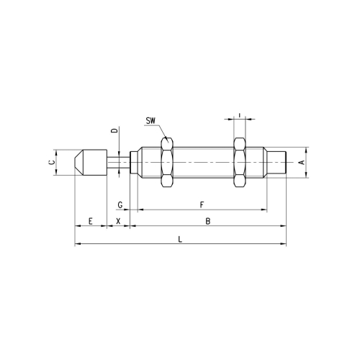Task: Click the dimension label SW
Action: [x=150, y=121]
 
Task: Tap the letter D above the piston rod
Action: [x=115, y=130]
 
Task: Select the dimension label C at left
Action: [x=52, y=162]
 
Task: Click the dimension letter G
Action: [x=120, y=205]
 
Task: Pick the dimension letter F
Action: [x=202, y=205]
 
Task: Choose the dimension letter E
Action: [x=90, y=221]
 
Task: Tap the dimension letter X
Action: [x=118, y=221]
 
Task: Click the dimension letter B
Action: [x=208, y=221]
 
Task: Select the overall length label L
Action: [x=180, y=239]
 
